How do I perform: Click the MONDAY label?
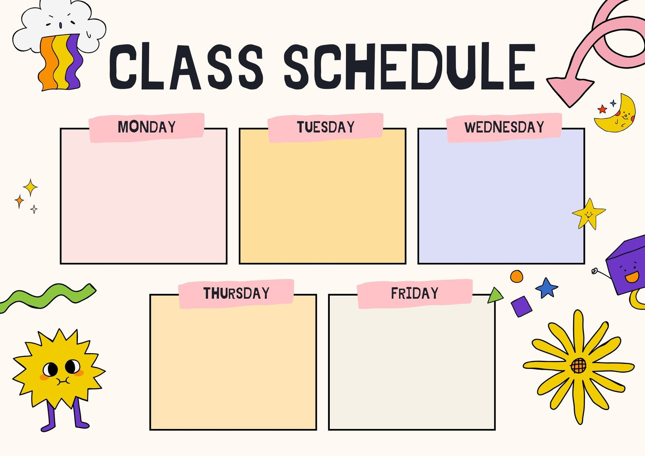pos(147,127)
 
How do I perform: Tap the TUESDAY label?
pos(326,127)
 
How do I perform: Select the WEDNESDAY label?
pos(504,127)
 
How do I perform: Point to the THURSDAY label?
pos(236,293)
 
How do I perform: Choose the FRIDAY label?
pos(415,293)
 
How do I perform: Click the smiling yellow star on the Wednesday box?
pos(589,214)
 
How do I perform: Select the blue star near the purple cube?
pos(547,287)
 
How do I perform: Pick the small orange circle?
pos(516,277)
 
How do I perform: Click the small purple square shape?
pos(522,306)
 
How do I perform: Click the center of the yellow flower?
pos(578,366)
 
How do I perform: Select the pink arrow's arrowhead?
pos(569,89)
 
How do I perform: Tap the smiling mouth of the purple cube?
pos(632,277)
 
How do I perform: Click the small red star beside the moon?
pos(602,109)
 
